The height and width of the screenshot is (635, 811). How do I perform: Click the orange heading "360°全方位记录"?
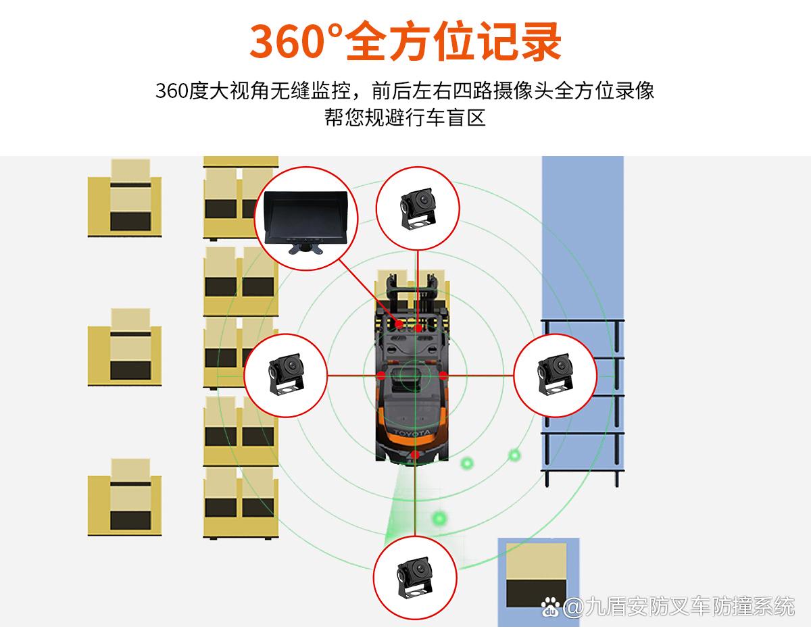click(x=405, y=41)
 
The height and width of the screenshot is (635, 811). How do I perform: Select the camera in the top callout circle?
click(x=418, y=206)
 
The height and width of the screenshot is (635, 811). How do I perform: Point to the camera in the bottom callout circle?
click(x=414, y=576)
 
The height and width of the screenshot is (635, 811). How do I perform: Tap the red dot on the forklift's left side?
click(x=381, y=375)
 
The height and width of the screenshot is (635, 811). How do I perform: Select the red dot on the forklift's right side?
click(x=443, y=375)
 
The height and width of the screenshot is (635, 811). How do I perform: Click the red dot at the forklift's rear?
click(x=414, y=455)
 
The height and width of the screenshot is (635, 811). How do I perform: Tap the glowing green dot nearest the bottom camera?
click(x=440, y=518)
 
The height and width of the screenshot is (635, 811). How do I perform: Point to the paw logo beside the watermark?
click(x=553, y=607)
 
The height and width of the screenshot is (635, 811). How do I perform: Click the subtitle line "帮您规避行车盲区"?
click(x=405, y=118)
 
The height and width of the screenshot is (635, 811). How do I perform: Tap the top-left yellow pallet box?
click(x=124, y=197)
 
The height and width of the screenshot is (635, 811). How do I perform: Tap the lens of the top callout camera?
click(x=422, y=200)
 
